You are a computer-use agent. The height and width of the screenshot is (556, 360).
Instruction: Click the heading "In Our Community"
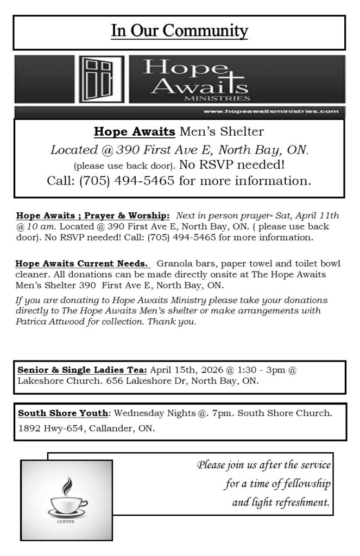click(179, 31)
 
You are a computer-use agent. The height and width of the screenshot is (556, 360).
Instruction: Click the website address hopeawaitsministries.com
click(271, 111)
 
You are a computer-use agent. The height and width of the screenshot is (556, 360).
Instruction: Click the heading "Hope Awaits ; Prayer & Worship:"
click(93, 216)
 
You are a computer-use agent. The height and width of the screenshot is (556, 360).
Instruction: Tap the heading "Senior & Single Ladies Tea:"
click(83, 370)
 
